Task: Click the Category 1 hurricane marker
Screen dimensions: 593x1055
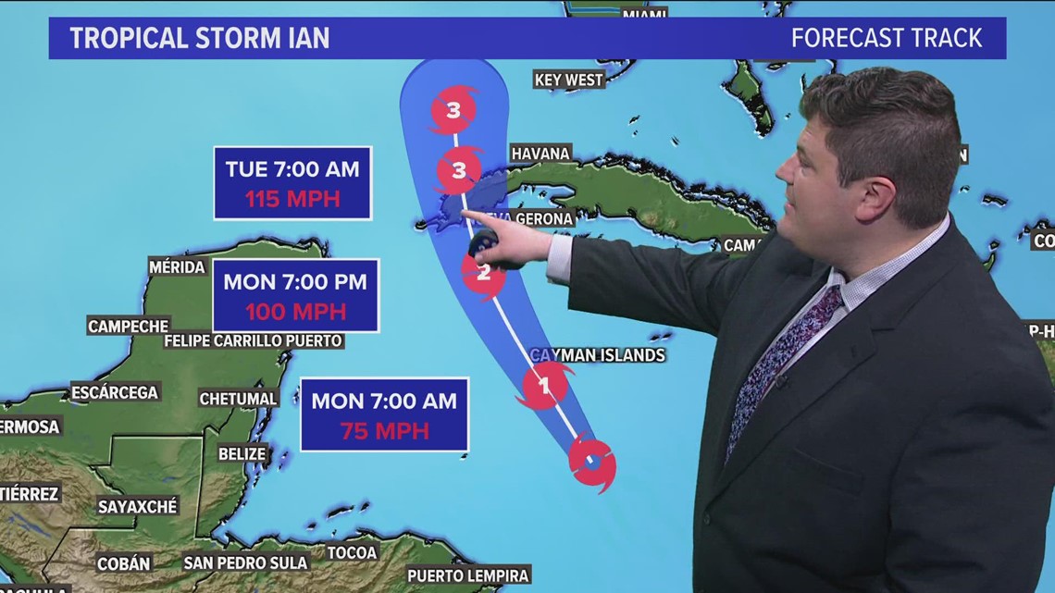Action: click(x=544, y=385)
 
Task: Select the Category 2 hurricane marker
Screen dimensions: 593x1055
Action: click(x=483, y=272)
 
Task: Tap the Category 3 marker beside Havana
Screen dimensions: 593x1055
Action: click(x=460, y=170)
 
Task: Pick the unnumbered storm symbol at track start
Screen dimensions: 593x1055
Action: click(x=591, y=459)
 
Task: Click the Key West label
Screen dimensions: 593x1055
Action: click(x=569, y=80)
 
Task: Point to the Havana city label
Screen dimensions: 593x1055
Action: click(x=540, y=153)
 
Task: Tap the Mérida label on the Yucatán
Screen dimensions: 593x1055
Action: click(x=177, y=267)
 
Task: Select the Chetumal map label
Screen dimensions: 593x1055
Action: click(x=239, y=399)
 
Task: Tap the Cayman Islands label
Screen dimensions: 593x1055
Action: click(x=598, y=355)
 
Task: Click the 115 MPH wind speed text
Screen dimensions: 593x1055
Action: click(x=292, y=199)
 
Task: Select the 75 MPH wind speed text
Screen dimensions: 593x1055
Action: click(x=384, y=431)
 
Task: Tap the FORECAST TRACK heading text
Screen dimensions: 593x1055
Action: click(x=887, y=39)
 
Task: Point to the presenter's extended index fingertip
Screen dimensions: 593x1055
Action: click(x=464, y=215)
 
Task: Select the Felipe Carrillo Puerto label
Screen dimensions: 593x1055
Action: click(x=254, y=341)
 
